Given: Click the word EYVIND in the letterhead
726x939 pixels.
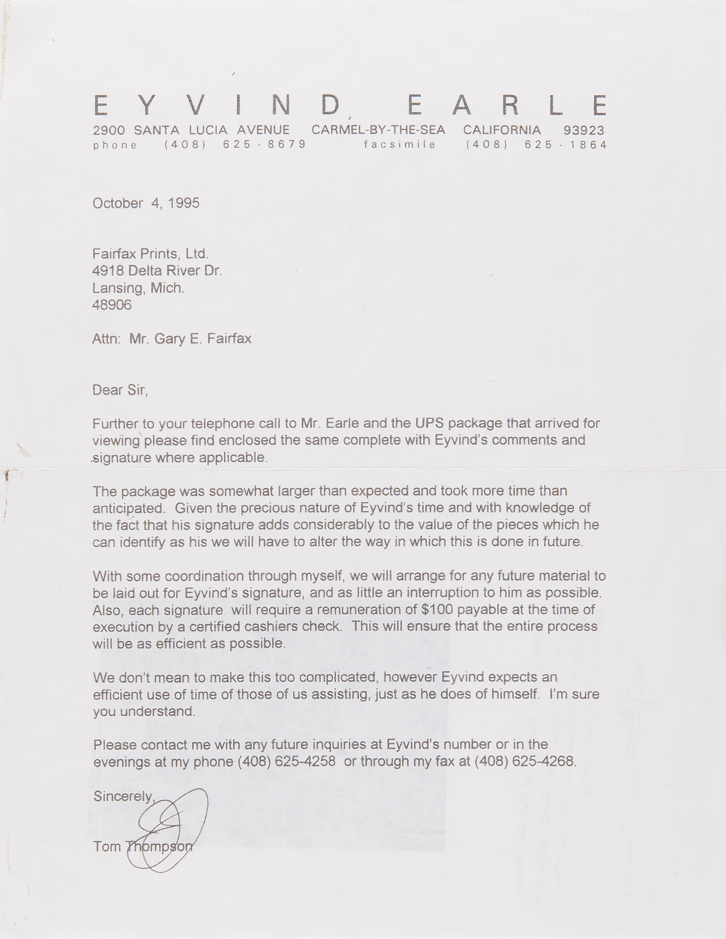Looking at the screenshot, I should click(x=216, y=105).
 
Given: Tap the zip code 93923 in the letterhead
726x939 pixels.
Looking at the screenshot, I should click(x=583, y=130).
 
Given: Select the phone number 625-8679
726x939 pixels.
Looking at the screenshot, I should click(x=264, y=145).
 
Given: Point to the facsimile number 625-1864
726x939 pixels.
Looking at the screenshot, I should click(x=566, y=145).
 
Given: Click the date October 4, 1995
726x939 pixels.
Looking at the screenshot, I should click(x=146, y=203).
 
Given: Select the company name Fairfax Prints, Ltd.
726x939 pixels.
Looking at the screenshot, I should click(x=150, y=254).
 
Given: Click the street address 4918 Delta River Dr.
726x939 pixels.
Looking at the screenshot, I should click(x=157, y=271).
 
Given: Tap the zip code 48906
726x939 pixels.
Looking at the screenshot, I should click(x=112, y=305).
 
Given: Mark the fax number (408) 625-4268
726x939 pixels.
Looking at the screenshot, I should click(x=525, y=762).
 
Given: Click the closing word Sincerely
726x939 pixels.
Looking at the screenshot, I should click(x=124, y=796).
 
